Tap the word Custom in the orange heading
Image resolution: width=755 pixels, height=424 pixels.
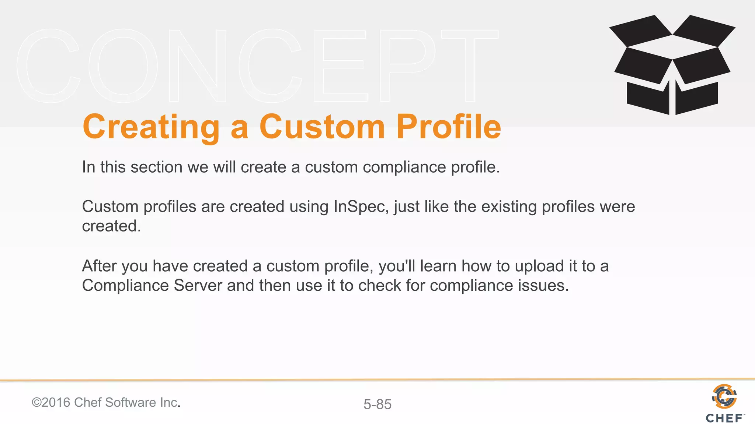322,127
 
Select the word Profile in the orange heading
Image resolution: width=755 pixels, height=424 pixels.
449,127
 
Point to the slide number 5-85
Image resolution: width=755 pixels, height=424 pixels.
377,404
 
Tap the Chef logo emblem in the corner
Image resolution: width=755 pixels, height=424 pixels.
724,396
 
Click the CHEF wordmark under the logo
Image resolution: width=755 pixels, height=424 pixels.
724,418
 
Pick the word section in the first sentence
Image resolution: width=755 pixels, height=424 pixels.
156,167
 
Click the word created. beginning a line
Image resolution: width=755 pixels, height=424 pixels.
111,226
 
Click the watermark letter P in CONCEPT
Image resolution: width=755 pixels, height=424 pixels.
407,66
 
